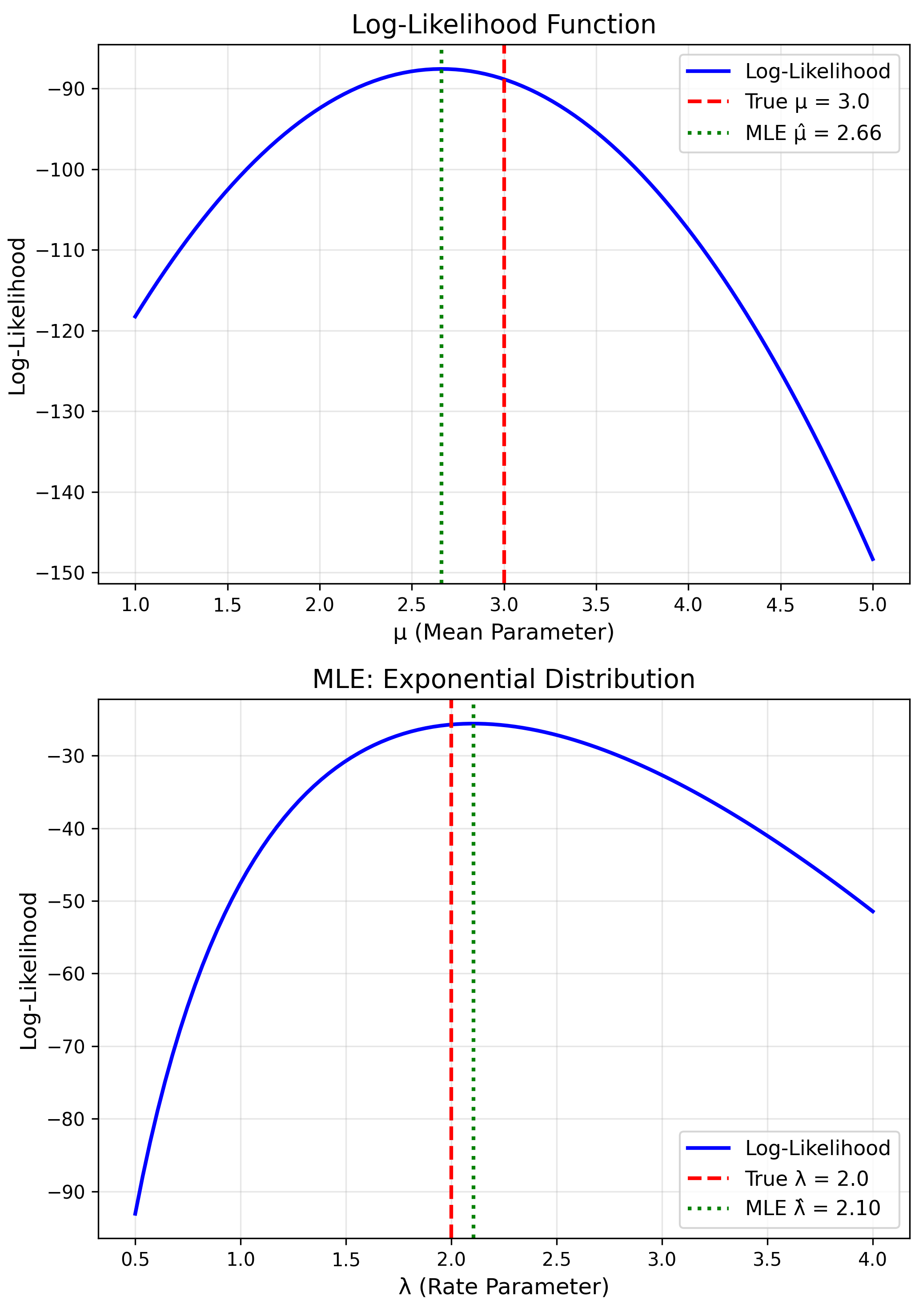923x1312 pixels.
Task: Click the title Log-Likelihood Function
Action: [x=503, y=25]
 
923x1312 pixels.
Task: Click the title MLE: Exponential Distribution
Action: [x=503, y=680]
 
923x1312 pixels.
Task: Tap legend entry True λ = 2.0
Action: [x=806, y=1178]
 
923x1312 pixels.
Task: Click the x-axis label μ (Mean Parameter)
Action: [x=503, y=632]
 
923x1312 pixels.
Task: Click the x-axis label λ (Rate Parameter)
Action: [x=503, y=1286]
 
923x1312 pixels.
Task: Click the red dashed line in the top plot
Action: [x=503, y=343]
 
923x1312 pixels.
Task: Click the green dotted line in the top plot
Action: [x=441, y=343]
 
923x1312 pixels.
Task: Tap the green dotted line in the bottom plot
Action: [x=473, y=1000]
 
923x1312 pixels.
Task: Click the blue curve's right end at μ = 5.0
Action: [x=873, y=560]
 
